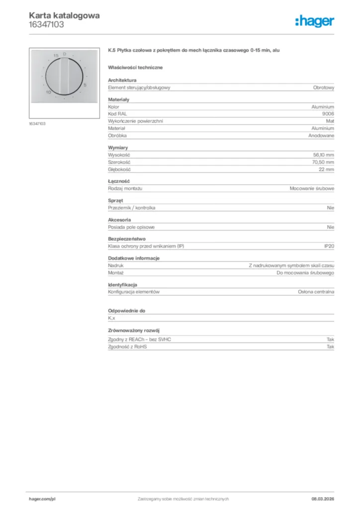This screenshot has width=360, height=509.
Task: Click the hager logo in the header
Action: coord(314,21)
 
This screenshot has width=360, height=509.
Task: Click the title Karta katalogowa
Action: coord(64,15)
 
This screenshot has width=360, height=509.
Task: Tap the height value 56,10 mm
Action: coord(323,155)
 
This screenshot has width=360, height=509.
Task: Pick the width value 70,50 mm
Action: coord(323,162)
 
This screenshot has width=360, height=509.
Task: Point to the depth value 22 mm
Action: coord(327,170)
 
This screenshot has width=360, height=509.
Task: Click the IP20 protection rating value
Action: coord(329,247)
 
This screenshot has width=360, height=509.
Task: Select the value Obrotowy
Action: coord(324,87)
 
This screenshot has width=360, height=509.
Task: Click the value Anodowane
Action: coord(321,135)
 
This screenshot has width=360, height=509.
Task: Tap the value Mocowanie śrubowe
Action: coord(312,188)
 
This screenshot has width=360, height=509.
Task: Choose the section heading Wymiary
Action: coord(118,148)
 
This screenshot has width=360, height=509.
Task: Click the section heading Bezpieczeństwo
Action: coord(127,239)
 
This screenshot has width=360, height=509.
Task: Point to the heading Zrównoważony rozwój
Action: coord(134,331)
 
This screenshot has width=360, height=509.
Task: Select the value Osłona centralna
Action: coord(316,292)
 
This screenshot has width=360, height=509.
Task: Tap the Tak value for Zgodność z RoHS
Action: coord(330,346)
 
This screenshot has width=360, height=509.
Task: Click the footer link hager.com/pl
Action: coord(42,499)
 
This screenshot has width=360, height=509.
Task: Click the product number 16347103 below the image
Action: coord(38,123)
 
